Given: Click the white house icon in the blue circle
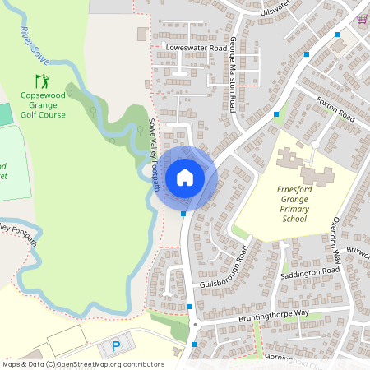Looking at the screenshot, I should [x=185, y=177].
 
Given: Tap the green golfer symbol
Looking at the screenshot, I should [x=42, y=81].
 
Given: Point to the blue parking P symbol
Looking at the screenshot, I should [x=116, y=346].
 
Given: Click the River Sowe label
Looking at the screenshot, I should [x=30, y=43].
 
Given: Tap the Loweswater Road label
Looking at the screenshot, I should [x=196, y=49].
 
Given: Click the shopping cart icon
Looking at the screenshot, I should [x=363, y=18].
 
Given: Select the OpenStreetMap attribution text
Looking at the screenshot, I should [x=82, y=363].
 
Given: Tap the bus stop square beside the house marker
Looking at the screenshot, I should [x=183, y=214].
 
